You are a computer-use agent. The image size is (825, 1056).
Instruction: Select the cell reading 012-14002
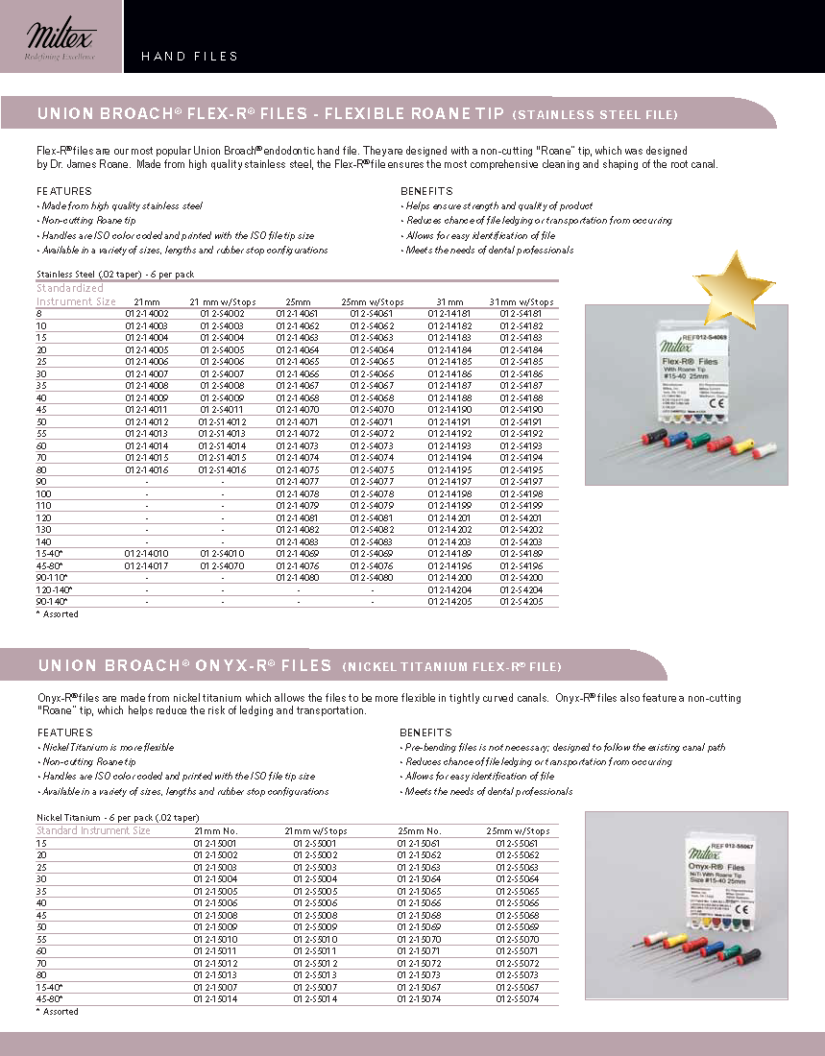point(148,314)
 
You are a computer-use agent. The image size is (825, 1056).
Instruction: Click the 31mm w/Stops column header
point(522,301)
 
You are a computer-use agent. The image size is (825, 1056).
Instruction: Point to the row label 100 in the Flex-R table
point(45,493)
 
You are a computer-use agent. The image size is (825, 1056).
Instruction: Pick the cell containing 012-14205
point(449,601)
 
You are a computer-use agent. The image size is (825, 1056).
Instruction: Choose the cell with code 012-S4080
point(372,577)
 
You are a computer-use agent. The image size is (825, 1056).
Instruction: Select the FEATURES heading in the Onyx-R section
point(64,732)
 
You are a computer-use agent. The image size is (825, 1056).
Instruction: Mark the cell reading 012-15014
point(215,998)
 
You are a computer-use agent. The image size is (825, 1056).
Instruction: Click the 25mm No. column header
point(419,830)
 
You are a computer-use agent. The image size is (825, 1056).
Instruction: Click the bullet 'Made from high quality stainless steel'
point(120,205)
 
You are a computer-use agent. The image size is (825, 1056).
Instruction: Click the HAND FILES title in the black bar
point(189,57)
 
